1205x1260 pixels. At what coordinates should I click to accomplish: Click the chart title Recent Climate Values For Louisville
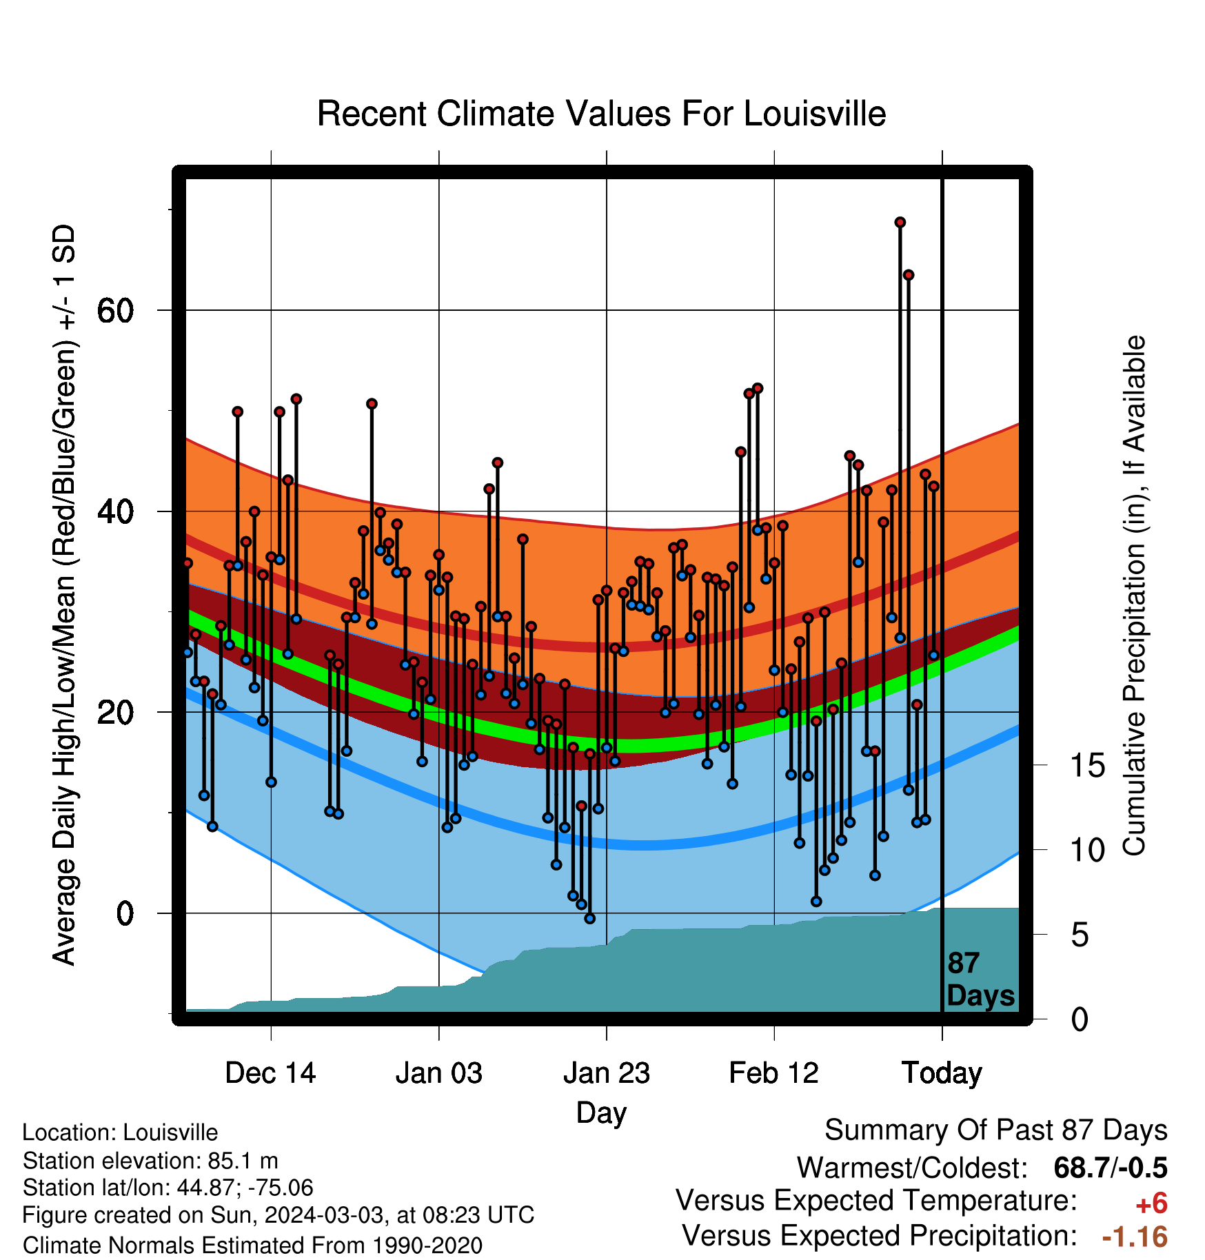pos(601,114)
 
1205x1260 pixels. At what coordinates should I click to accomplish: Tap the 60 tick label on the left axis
pos(115,311)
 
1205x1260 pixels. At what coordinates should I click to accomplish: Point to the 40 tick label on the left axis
pos(115,511)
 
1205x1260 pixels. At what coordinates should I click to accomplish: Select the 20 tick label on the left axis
pos(115,712)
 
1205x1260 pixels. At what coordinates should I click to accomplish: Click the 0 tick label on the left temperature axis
pos(125,913)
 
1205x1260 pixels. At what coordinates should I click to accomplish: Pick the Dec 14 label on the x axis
pos(270,1073)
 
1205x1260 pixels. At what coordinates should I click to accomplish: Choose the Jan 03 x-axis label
pos(438,1073)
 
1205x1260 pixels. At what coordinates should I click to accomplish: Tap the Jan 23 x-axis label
pos(607,1073)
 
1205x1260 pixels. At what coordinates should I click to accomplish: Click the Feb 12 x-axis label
pos(773,1073)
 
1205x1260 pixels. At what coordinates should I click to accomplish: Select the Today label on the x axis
pos(942,1073)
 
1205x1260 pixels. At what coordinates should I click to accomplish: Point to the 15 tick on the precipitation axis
pos(1087,765)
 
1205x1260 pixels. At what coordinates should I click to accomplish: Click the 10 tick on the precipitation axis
pos(1087,850)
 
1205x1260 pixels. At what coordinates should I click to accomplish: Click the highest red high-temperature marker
pos(900,223)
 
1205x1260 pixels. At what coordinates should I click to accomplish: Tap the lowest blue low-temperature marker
pos(589,919)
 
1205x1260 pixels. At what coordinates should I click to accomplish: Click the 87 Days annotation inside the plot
pos(980,979)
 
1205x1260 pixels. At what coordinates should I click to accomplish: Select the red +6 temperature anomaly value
pos(1151,1203)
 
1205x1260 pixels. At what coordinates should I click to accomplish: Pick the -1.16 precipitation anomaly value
pos(1135,1237)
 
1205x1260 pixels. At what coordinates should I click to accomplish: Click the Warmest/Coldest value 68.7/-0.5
pos(1111,1168)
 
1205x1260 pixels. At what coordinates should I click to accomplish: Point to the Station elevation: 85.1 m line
pos(150,1161)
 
